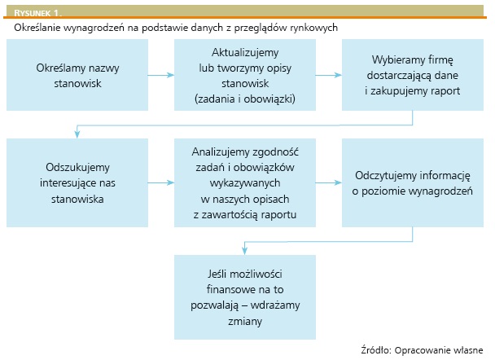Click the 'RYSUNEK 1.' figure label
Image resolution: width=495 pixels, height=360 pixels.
click(38, 13)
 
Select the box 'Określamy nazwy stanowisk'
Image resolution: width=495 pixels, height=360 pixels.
click(77, 75)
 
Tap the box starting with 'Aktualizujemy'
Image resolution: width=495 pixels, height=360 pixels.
click(245, 75)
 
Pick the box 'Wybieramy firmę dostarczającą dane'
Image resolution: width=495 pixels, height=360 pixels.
click(413, 75)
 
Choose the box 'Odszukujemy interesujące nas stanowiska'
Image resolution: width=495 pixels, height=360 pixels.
click(77, 182)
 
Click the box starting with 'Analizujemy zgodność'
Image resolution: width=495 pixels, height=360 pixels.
click(245, 182)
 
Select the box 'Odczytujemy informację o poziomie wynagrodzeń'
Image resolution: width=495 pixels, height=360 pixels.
click(413, 182)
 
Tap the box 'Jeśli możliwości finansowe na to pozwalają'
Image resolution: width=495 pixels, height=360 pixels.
click(245, 297)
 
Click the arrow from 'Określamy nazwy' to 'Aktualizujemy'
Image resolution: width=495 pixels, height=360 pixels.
click(161, 75)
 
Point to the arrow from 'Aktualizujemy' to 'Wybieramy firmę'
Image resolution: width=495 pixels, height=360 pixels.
click(329, 75)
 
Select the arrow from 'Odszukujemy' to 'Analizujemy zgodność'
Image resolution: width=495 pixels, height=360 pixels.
click(161, 182)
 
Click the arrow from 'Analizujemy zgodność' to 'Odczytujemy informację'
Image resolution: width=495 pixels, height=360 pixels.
click(329, 182)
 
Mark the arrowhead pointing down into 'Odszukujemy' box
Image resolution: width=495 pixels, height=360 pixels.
click(77, 134)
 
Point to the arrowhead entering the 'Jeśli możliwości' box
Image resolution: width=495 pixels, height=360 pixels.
click(245, 251)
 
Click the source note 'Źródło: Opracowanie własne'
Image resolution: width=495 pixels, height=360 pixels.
click(422, 350)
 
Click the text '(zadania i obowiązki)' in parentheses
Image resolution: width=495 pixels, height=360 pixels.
click(245, 99)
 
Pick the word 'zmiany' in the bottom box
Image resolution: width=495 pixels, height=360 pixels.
click(245, 322)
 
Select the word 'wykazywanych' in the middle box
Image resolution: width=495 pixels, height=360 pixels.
click(245, 183)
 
